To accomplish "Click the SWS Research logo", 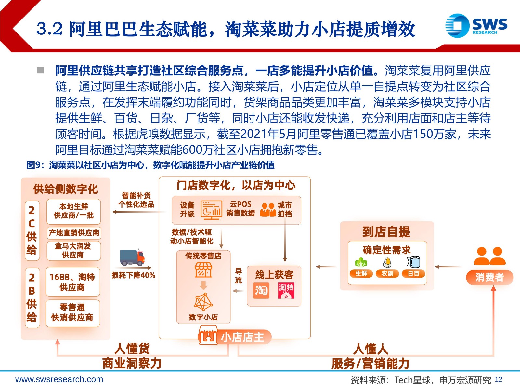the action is pyautogui.click(x=476, y=26).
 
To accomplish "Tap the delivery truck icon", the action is pyautogui.click(x=132, y=257).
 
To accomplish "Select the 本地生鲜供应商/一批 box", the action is pyautogui.click(x=74, y=211).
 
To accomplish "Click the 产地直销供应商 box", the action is pyautogui.click(x=74, y=233).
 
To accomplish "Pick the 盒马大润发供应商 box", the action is pyautogui.click(x=74, y=251).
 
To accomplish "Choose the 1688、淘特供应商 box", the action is pyautogui.click(x=73, y=282).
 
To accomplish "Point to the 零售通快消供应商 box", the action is pyautogui.click(x=73, y=313).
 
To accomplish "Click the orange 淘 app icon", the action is pyautogui.click(x=261, y=291).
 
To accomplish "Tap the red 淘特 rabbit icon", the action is pyautogui.click(x=286, y=291).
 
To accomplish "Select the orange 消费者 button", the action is pyautogui.click(x=489, y=278).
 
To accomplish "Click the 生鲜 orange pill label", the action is pyautogui.click(x=361, y=274).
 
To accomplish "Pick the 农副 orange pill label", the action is pyautogui.click(x=387, y=274).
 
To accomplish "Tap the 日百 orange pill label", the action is pyautogui.click(x=413, y=274).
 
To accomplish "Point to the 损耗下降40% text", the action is pyautogui.click(x=133, y=275).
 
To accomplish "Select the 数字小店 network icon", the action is pyautogui.click(x=203, y=302).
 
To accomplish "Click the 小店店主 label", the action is pyautogui.click(x=242, y=337).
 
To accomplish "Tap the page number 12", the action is pyautogui.click(x=499, y=380).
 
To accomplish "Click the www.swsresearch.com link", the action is pyautogui.click(x=59, y=379).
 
